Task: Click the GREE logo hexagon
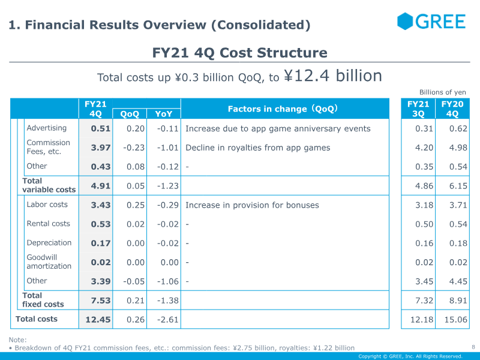click(404, 21)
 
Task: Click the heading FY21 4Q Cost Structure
click(239, 53)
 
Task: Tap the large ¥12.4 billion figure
click(333, 76)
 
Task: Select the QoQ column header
click(130, 114)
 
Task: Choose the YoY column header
click(163, 114)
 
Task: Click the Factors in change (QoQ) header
click(283, 109)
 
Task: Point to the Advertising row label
click(47, 128)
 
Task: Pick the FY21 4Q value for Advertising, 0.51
click(100, 128)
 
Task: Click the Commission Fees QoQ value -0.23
click(134, 148)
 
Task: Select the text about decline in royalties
click(258, 148)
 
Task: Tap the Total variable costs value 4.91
click(100, 186)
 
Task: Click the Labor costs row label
click(47, 205)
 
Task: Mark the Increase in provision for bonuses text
click(252, 205)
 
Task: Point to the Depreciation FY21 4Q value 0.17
click(100, 244)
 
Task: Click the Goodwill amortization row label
click(49, 262)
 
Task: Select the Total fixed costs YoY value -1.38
click(168, 301)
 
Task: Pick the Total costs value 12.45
click(98, 320)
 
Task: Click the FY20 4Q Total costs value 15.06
click(456, 320)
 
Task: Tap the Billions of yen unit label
click(443, 92)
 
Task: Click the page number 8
click(473, 347)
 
